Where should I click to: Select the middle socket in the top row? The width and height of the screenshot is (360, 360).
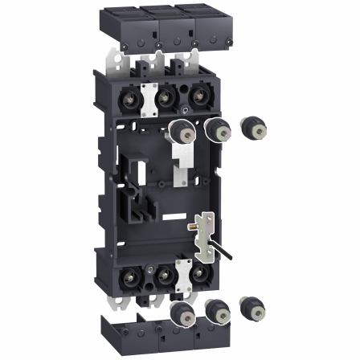(x=164, y=99)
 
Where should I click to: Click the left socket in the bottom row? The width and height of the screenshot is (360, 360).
(x=131, y=279)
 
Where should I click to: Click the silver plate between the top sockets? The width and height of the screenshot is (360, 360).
(x=148, y=94)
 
